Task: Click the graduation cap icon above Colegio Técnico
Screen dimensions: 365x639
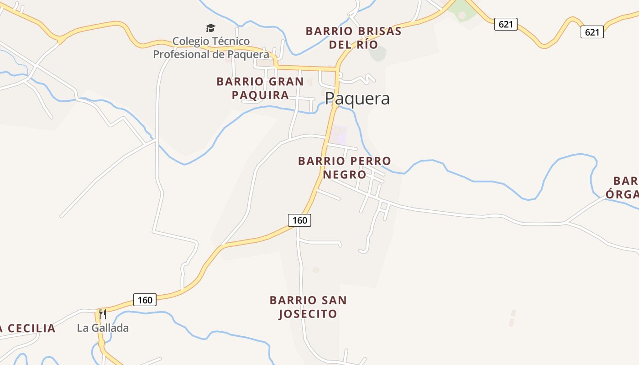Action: click(210, 28)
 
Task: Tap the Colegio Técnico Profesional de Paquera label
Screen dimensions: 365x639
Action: click(211, 48)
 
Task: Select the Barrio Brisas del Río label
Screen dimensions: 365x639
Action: click(354, 38)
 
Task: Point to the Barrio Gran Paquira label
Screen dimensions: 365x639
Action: click(260, 88)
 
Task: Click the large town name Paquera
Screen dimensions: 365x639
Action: click(357, 99)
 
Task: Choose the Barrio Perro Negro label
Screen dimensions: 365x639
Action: click(345, 167)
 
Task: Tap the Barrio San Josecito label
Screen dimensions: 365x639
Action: click(308, 307)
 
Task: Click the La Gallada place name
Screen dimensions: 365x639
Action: click(103, 328)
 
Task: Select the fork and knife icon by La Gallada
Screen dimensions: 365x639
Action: click(103, 314)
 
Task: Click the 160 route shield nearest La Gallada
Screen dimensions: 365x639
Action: click(145, 300)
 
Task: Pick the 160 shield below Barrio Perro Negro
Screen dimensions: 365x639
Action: click(299, 220)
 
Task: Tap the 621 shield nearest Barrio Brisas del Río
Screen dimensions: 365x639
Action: click(506, 24)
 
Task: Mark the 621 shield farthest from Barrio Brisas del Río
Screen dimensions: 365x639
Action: click(592, 32)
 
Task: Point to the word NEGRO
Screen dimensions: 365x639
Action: click(345, 174)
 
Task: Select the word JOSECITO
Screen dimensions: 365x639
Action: click(308, 314)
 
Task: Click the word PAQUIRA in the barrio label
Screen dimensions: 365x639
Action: click(260, 95)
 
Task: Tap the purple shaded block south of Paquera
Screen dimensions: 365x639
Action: click(338, 135)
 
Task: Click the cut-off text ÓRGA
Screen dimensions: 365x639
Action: click(623, 194)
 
